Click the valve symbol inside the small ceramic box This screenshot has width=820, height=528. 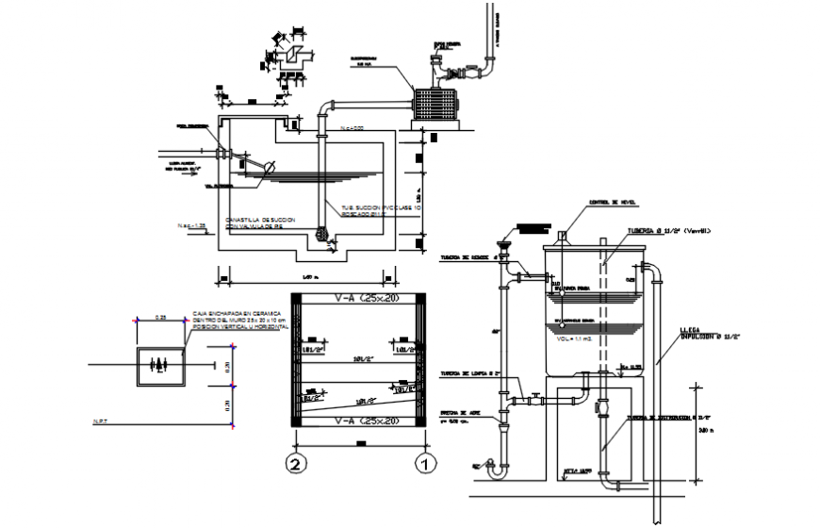point(160,363)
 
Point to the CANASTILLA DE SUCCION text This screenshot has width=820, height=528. point(260,219)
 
